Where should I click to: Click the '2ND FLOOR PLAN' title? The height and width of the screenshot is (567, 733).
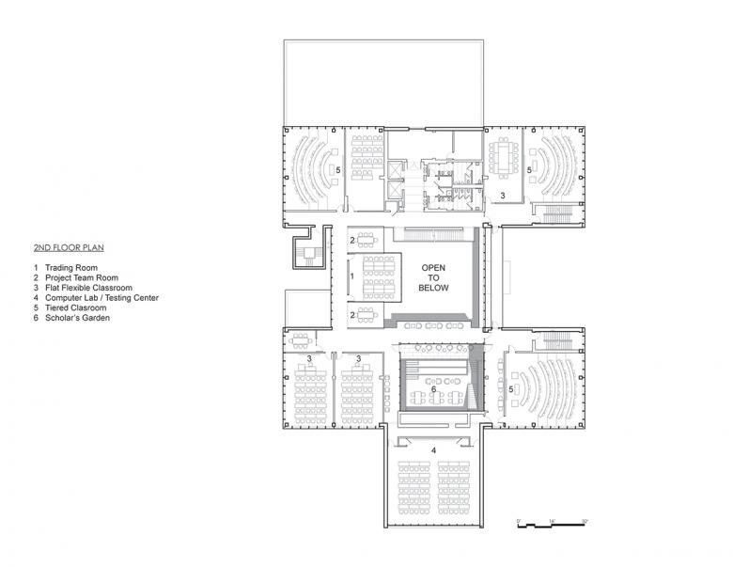pyautogui.click(x=69, y=247)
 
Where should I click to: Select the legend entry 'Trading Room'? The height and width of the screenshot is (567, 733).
pyautogui.click(x=71, y=268)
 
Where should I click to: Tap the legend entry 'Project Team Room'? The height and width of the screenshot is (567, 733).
pyautogui.click(x=82, y=277)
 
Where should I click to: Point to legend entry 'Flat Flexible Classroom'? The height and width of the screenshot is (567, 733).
pyautogui.click(x=89, y=288)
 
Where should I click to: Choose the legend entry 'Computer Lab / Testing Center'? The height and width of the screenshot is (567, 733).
pyautogui.click(x=101, y=297)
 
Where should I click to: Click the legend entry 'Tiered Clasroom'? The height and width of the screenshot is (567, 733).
pyautogui.click(x=76, y=307)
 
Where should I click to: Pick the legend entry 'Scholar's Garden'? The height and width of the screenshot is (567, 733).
pyautogui.click(x=78, y=318)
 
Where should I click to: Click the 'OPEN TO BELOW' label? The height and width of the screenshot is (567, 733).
pyautogui.click(x=433, y=278)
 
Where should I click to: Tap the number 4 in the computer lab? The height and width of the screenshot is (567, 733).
pyautogui.click(x=434, y=450)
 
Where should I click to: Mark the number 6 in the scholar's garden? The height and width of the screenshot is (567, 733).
pyautogui.click(x=434, y=388)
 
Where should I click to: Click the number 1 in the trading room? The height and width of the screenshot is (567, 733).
pyautogui.click(x=352, y=276)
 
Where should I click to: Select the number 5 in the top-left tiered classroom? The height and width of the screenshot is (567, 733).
pyautogui.click(x=338, y=170)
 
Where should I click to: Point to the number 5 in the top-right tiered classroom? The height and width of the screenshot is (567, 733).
pyautogui.click(x=530, y=170)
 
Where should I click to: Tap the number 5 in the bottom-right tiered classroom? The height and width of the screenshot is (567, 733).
pyautogui.click(x=511, y=388)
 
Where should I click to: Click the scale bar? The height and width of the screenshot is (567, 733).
pyautogui.click(x=551, y=526)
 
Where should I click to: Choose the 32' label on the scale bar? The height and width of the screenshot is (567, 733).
pyautogui.click(x=585, y=521)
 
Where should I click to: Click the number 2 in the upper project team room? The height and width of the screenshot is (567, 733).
pyautogui.click(x=352, y=241)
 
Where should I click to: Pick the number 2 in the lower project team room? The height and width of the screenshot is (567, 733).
pyautogui.click(x=352, y=315)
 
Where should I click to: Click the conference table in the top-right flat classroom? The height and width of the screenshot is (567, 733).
pyautogui.click(x=504, y=157)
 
